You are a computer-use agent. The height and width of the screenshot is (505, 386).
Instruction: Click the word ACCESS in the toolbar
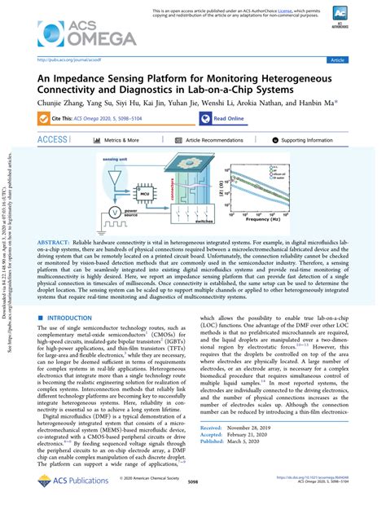53,140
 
